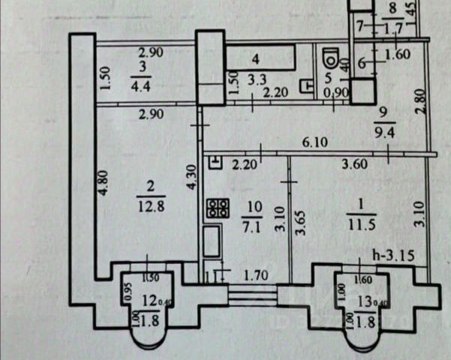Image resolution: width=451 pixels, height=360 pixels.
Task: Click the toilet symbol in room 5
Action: click(x=328, y=58)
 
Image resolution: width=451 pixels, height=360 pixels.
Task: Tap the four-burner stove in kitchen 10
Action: click(x=217, y=208)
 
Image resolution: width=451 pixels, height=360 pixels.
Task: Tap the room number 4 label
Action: click(x=255, y=58)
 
